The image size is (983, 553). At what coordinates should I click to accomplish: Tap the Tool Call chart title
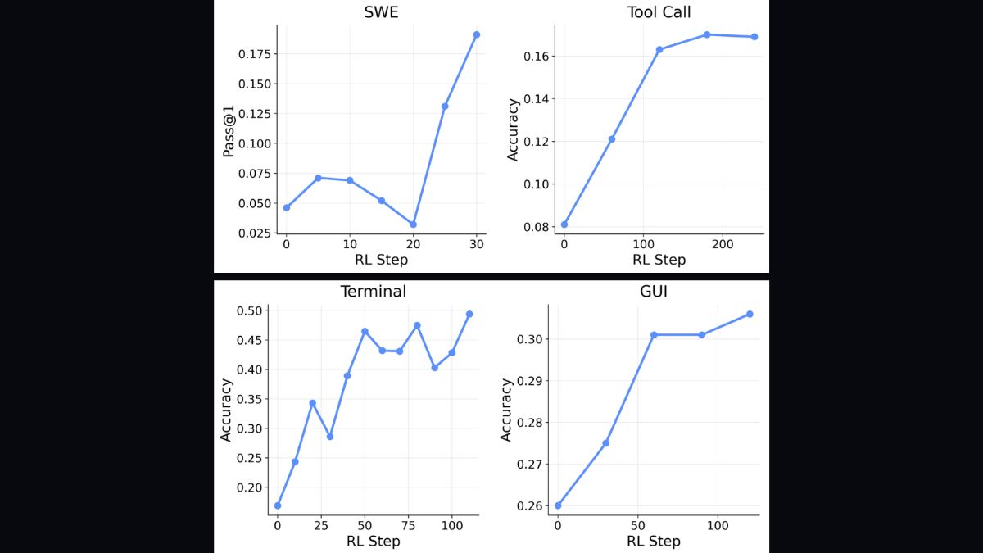tap(660, 12)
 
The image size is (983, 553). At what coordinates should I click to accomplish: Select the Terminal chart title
tap(373, 292)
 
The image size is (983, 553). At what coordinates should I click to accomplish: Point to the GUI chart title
tap(654, 291)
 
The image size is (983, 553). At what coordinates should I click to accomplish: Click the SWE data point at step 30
tap(476, 34)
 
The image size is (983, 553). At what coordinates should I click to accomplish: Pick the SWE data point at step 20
tap(413, 224)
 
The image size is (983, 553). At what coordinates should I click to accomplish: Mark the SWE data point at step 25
tap(445, 106)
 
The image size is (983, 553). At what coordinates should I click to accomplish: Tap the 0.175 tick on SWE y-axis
tap(254, 54)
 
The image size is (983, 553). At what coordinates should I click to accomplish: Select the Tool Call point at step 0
tap(564, 224)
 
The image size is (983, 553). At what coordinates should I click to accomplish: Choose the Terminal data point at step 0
tap(278, 505)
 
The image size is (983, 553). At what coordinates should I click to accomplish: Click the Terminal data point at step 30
tap(330, 437)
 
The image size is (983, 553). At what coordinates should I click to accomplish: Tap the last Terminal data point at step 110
tap(469, 314)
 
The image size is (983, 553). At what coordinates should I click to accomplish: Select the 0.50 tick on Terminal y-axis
tap(249, 310)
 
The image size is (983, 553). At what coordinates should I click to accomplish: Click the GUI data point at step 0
tap(558, 505)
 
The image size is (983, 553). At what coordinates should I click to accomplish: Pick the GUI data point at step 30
tap(605, 443)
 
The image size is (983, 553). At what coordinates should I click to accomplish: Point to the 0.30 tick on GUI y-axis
tap(529, 338)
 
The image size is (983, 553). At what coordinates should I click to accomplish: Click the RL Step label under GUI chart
tap(654, 541)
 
